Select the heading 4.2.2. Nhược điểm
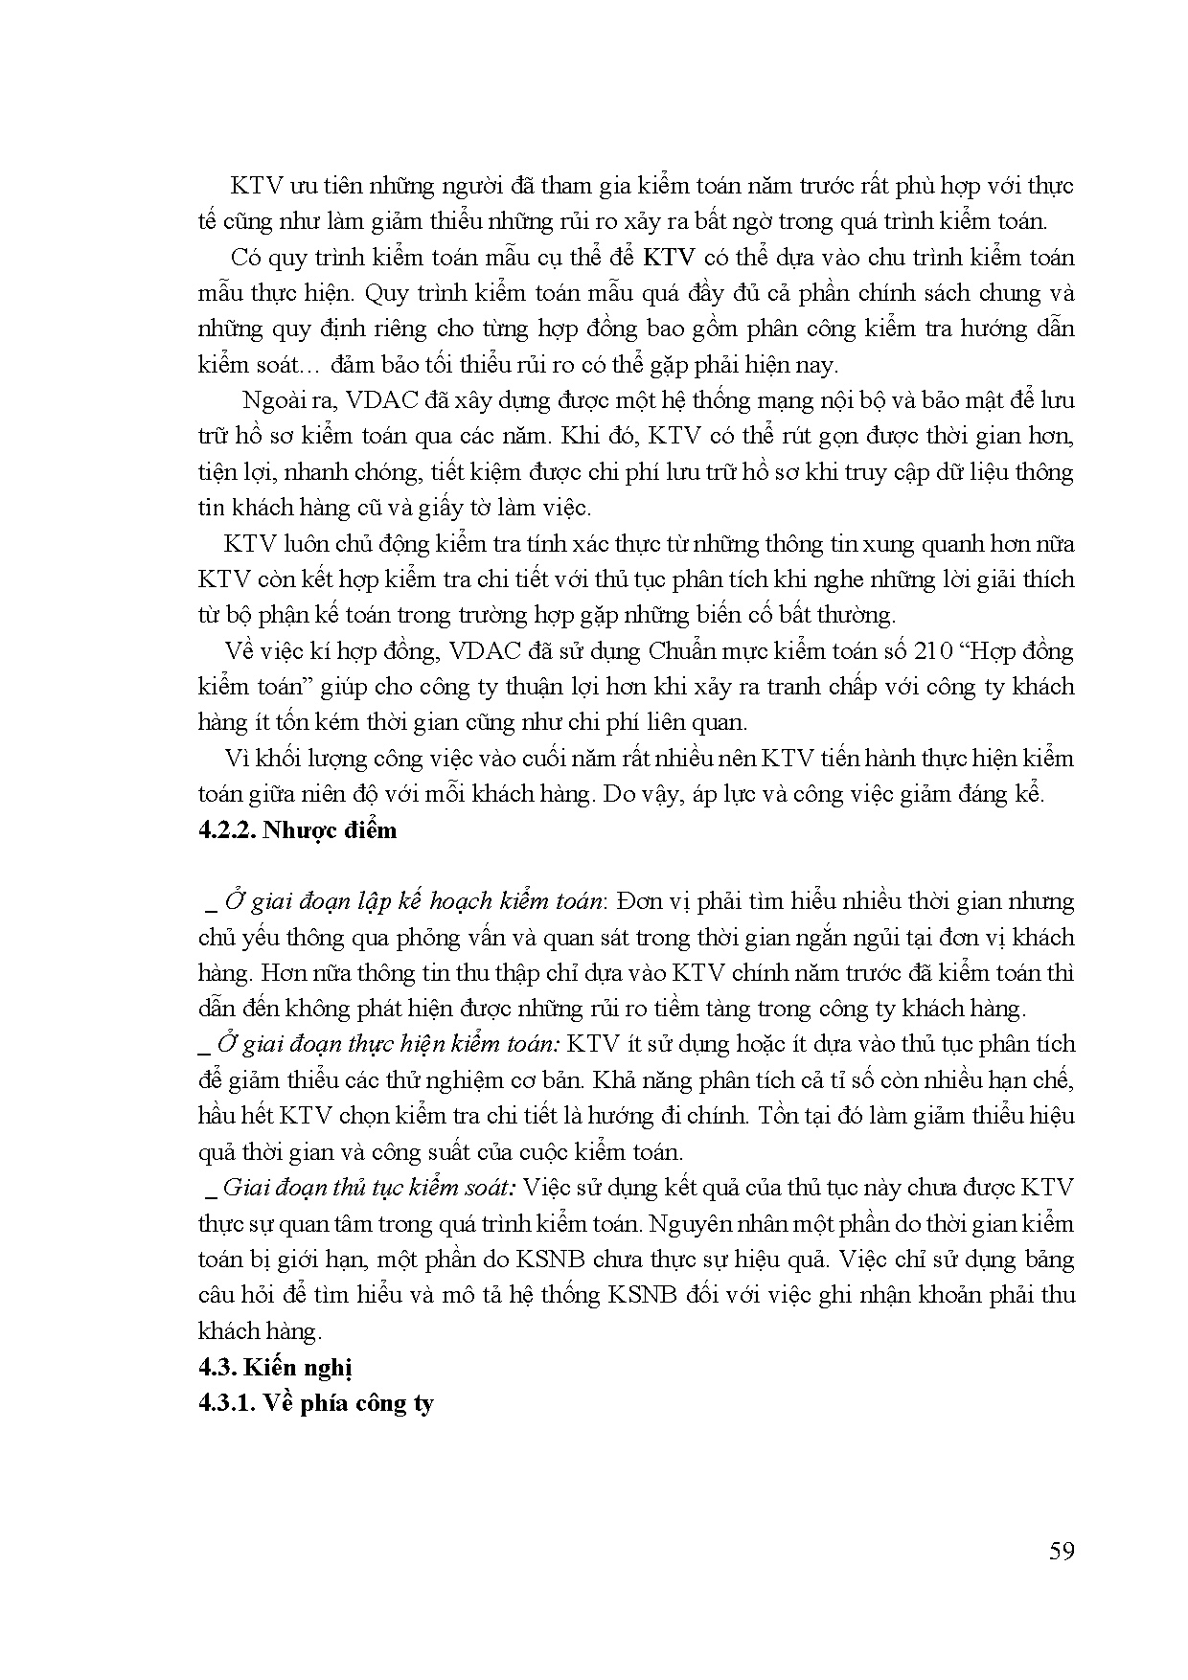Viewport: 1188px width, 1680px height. tap(297, 829)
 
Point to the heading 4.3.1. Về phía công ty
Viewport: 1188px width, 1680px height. tap(316, 1403)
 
